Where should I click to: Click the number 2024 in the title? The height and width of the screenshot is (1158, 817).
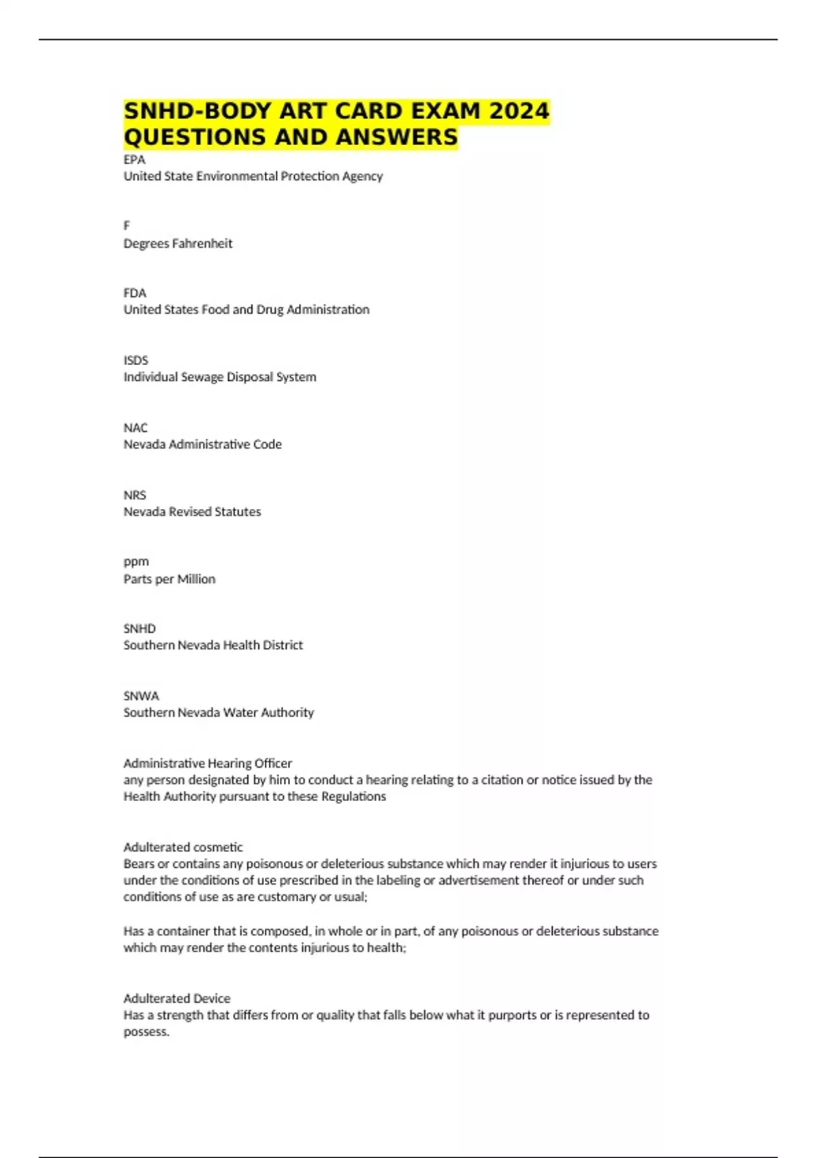[519, 110]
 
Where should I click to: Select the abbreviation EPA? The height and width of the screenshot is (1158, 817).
[134, 159]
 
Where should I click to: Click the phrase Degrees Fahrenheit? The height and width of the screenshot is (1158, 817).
[178, 243]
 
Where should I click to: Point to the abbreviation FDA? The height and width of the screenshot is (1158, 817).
[135, 293]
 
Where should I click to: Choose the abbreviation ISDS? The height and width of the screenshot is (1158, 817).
[135, 360]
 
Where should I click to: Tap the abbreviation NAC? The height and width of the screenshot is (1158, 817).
[135, 428]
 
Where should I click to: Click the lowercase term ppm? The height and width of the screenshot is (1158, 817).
[136, 562]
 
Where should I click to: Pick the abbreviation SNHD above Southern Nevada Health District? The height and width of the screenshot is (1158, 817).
[140, 629]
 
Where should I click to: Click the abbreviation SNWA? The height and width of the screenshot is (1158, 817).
[141, 696]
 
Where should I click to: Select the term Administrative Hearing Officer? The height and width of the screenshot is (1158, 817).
[208, 764]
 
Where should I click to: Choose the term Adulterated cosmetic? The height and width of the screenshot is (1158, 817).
[183, 847]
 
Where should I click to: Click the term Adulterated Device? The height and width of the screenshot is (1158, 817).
[177, 999]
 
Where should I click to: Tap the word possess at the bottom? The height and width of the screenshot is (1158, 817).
[145, 1032]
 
